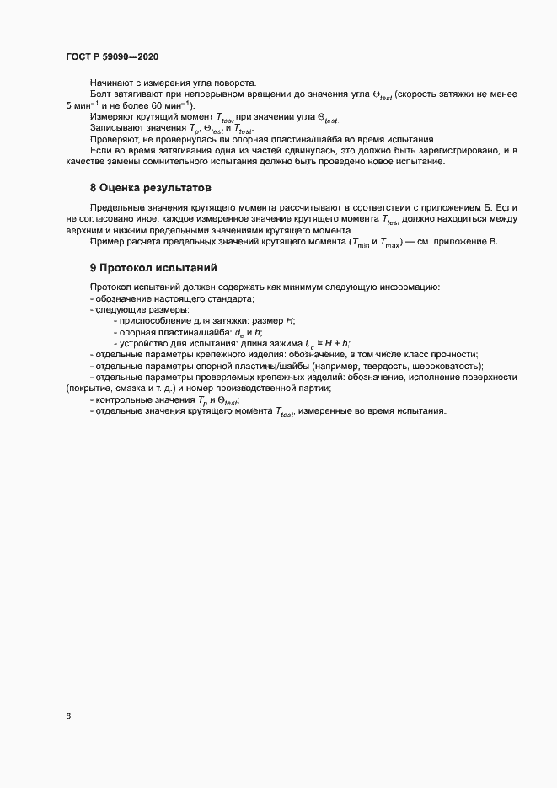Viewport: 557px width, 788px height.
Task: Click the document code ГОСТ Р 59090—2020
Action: coord(111,57)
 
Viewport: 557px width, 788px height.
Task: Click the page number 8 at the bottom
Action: coord(68,716)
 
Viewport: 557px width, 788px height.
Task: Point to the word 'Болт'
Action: coord(99,94)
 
